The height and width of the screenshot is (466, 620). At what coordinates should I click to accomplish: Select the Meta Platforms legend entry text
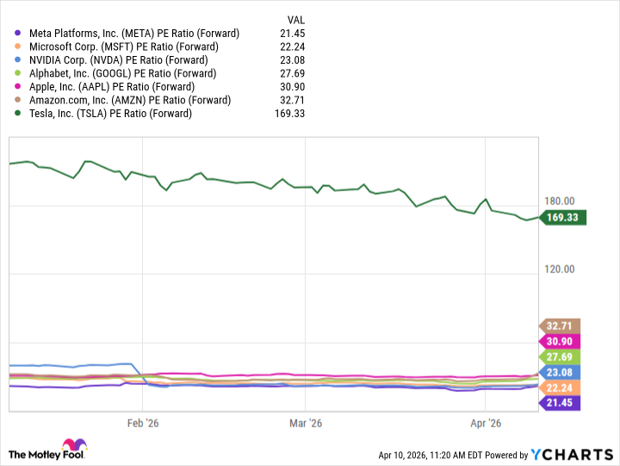click(133, 34)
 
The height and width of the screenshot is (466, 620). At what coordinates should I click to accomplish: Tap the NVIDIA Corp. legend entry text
click(118, 60)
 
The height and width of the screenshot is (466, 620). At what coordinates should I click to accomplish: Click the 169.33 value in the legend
click(290, 113)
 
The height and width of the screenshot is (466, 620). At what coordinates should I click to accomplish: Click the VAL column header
click(295, 19)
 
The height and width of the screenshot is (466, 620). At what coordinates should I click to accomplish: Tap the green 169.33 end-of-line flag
click(565, 218)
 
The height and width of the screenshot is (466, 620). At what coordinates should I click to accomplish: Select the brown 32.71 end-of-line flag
click(560, 326)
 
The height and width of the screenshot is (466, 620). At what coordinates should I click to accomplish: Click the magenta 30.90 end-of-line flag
click(560, 341)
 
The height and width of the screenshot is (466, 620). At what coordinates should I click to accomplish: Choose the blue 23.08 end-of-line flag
click(560, 372)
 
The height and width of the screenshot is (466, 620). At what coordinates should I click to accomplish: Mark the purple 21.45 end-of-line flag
click(560, 403)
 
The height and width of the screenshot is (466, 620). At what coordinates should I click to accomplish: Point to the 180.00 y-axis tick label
click(559, 202)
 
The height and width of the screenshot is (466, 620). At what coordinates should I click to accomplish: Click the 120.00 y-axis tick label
click(559, 270)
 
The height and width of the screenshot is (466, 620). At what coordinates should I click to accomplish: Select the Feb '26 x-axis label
click(143, 423)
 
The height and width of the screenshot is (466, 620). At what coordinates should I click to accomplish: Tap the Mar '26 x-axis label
click(306, 423)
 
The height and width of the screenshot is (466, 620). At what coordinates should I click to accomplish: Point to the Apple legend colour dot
click(19, 87)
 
